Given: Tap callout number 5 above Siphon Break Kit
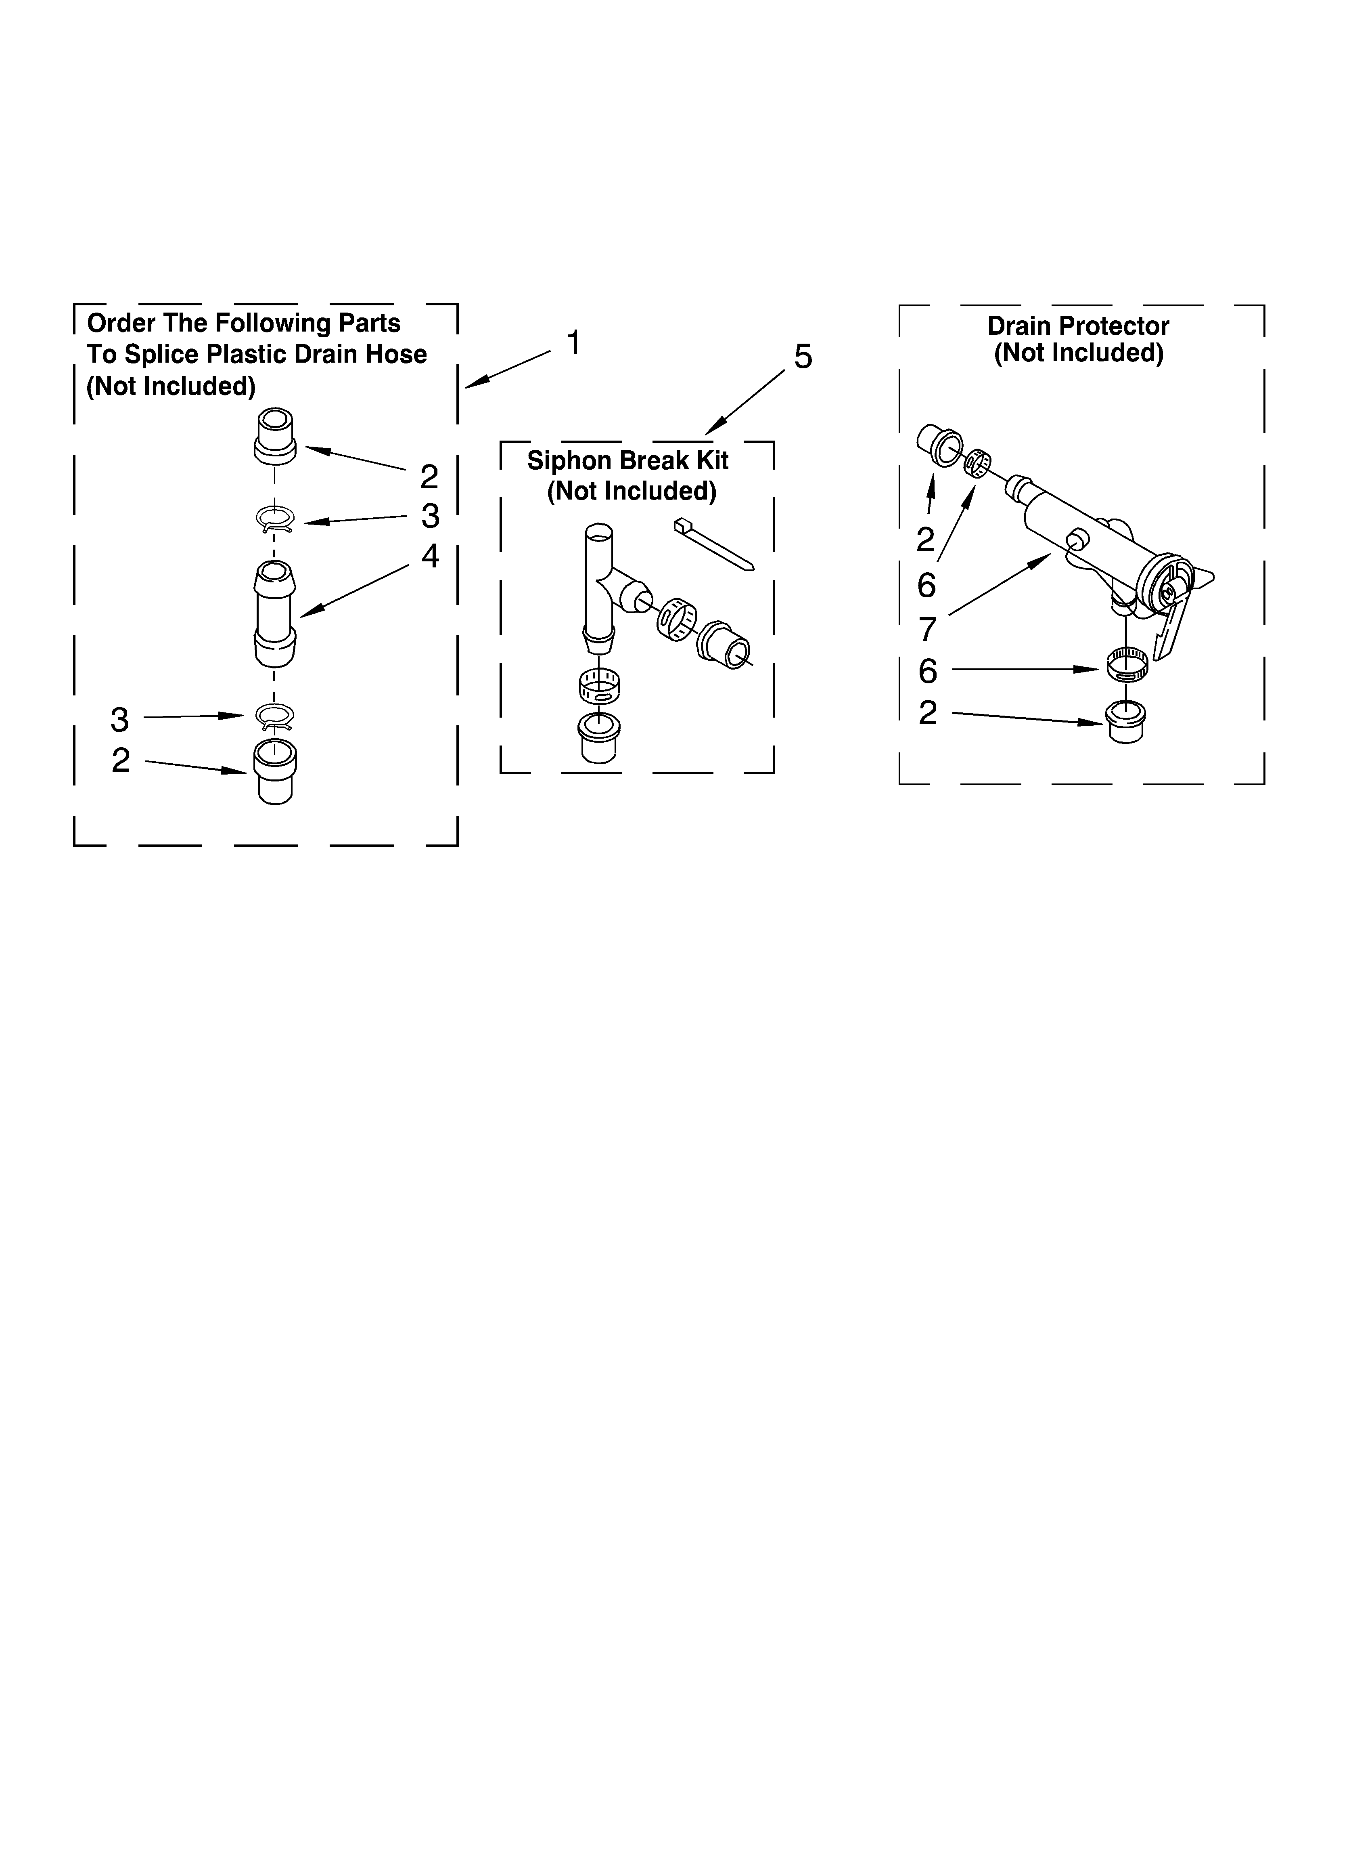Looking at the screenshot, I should (x=802, y=357).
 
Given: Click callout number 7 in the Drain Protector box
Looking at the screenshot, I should (x=927, y=629).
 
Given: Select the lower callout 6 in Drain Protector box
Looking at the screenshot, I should (x=927, y=672).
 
